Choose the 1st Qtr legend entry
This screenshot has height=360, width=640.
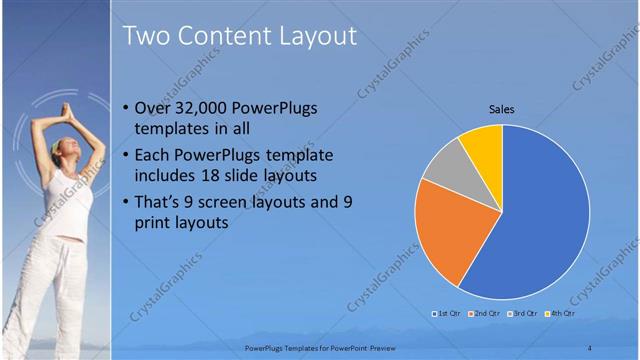point(446,314)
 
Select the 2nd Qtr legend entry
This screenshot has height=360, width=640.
point(484,314)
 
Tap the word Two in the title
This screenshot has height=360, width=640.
point(146,36)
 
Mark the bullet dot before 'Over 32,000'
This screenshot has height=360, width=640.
point(123,109)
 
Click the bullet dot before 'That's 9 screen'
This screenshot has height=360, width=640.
point(123,203)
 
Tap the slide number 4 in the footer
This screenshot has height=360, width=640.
point(589,347)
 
